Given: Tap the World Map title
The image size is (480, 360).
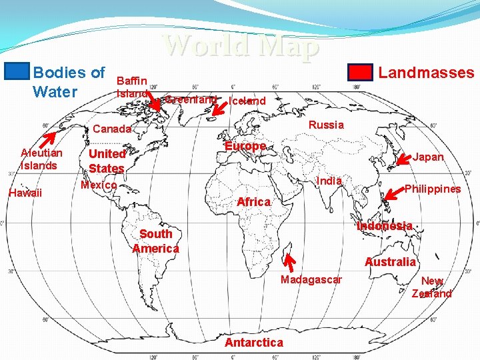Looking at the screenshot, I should [x=241, y=46].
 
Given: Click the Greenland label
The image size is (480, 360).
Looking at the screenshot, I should [x=191, y=99].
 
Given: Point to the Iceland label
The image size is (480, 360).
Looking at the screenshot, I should [x=247, y=101].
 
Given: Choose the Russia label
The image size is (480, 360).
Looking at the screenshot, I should [x=326, y=125].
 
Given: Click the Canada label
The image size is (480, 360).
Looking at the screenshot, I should [x=112, y=129].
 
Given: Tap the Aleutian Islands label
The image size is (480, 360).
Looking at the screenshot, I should [x=41, y=159].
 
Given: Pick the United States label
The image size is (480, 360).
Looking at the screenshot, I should [x=107, y=161].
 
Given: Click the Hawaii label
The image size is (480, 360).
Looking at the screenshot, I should [x=25, y=193].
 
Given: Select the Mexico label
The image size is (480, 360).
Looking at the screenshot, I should [x=99, y=185].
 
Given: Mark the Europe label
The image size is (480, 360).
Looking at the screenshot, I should [x=245, y=146].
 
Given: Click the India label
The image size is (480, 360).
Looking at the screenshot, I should [x=329, y=181].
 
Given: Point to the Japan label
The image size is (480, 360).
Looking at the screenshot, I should [x=428, y=158].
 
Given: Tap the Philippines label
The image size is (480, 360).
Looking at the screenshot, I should [x=433, y=189].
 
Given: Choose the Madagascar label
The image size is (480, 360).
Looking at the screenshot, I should [x=311, y=279].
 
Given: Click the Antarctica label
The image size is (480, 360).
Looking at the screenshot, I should [x=254, y=343].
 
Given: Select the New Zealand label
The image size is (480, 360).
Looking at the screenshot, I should [x=432, y=287].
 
